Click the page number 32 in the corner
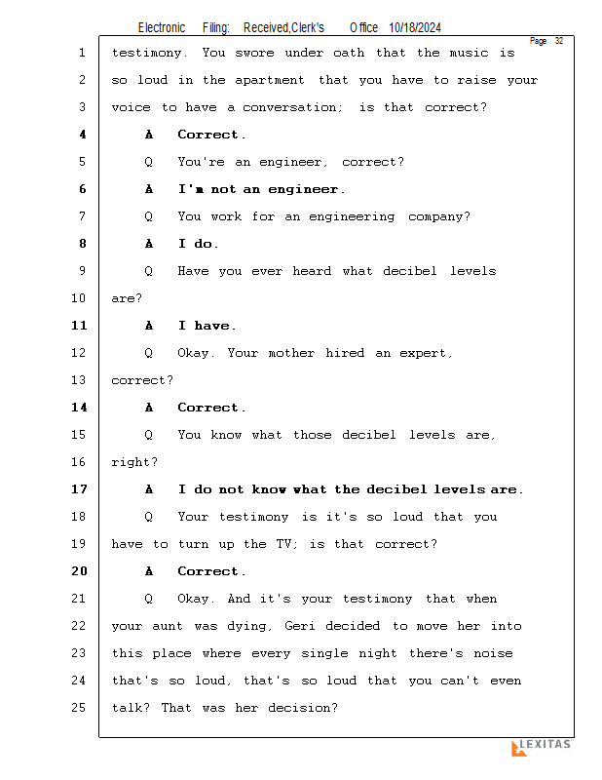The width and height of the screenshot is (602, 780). click(559, 41)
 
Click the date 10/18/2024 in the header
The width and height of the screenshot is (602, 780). click(415, 28)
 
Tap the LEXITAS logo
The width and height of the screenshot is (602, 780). click(542, 747)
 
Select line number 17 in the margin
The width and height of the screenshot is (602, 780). click(79, 489)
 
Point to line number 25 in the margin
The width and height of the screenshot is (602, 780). click(79, 708)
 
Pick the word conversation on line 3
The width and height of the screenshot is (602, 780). click(290, 107)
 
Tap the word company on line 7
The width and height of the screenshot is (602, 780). click(435, 217)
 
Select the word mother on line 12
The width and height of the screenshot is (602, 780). click(291, 353)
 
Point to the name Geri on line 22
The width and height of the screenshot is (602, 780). click(300, 626)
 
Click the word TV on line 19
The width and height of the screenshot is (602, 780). click(283, 544)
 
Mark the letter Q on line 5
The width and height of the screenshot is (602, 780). click(149, 162)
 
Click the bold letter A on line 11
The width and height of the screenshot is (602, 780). click(149, 326)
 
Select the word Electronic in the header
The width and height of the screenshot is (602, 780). click(162, 28)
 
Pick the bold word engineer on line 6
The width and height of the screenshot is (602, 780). click(303, 190)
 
